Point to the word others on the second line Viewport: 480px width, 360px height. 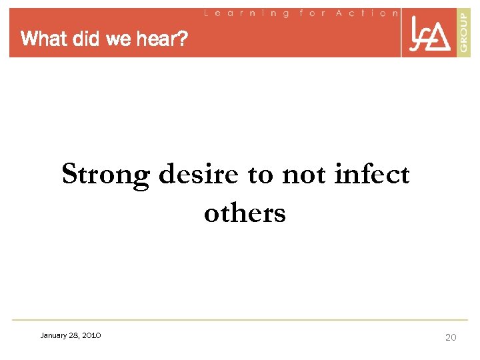click(x=245, y=213)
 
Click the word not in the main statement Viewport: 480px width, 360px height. click(x=304, y=175)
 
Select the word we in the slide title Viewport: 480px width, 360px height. click(x=118, y=39)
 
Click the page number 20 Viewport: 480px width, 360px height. click(x=451, y=337)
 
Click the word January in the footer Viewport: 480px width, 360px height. click(x=53, y=335)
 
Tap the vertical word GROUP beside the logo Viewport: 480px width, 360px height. click(x=463, y=33)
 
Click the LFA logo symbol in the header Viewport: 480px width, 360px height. click(x=429, y=33)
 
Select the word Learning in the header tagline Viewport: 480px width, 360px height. click(x=246, y=13)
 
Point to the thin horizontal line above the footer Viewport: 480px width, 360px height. click(x=240, y=320)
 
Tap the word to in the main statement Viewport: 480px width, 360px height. click(x=260, y=175)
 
